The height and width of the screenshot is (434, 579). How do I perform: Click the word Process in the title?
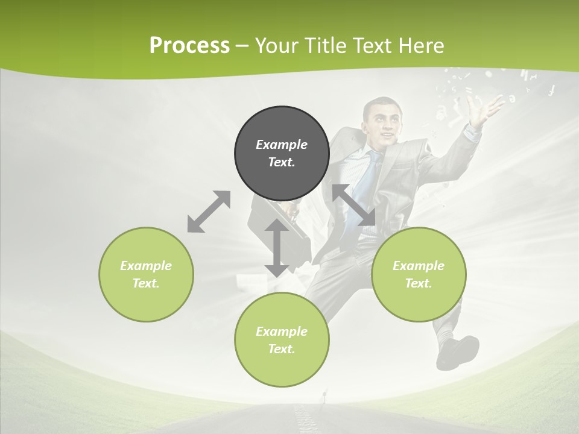click(189, 46)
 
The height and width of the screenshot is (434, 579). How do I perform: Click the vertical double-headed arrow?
click(277, 248)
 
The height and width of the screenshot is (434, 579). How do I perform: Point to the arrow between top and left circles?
click(209, 212)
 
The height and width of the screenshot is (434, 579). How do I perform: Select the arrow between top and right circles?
click(353, 205)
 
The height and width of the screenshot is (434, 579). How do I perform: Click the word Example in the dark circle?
click(282, 145)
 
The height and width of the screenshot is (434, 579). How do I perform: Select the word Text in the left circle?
click(146, 283)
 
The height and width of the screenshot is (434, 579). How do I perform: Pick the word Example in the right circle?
click(419, 266)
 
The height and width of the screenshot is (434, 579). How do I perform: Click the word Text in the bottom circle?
click(282, 349)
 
